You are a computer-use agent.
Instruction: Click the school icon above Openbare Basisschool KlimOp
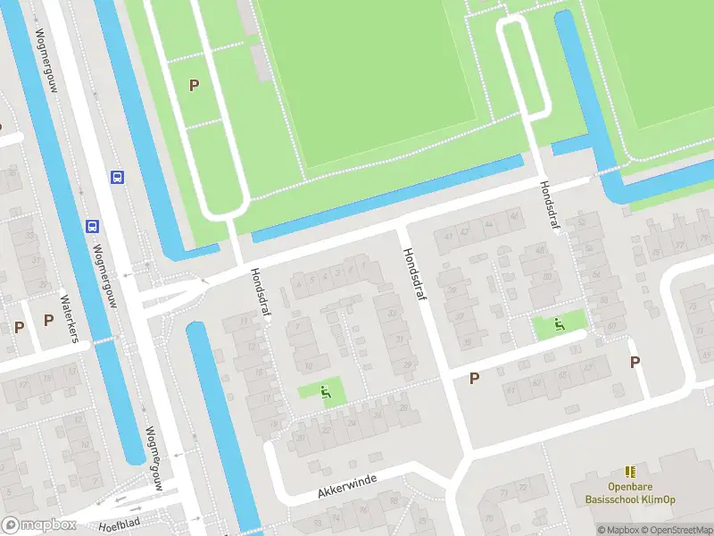point(630,471)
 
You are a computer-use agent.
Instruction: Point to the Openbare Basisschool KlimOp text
point(629,495)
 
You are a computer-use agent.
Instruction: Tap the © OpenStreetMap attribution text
point(674,530)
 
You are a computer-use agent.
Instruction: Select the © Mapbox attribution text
point(616,530)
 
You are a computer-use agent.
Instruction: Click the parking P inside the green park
point(194,86)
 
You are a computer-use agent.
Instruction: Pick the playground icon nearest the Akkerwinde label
point(326,390)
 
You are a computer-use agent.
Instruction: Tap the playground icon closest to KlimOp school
point(560,323)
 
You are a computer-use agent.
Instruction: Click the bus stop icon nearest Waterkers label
point(92,226)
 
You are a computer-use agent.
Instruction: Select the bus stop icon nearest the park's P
point(117,177)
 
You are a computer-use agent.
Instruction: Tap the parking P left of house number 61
point(474,378)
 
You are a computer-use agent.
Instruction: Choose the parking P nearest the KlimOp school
point(635,362)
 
